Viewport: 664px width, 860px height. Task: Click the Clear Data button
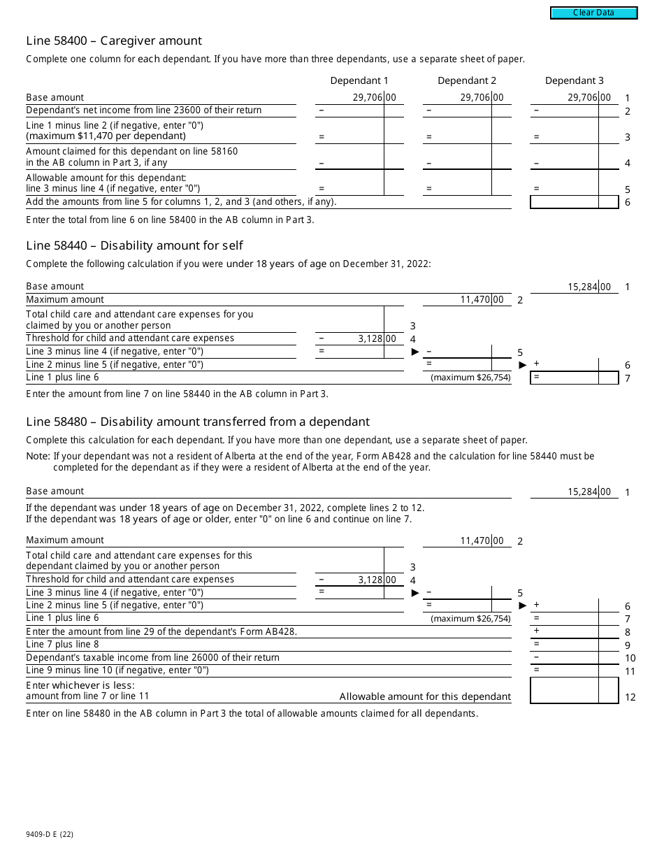coord(593,13)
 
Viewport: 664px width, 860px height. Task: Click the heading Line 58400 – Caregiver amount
coord(114,41)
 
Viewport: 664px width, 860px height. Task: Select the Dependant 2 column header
coord(467,80)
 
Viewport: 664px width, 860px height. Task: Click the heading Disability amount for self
coord(134,245)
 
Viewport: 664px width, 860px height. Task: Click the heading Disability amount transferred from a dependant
coord(198,422)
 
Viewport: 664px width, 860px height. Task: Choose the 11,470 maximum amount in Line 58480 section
coord(477,540)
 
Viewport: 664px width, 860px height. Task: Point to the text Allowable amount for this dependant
coord(425,696)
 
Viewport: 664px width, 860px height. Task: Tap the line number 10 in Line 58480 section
coord(630,658)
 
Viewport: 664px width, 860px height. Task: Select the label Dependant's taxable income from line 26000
coord(152,657)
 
